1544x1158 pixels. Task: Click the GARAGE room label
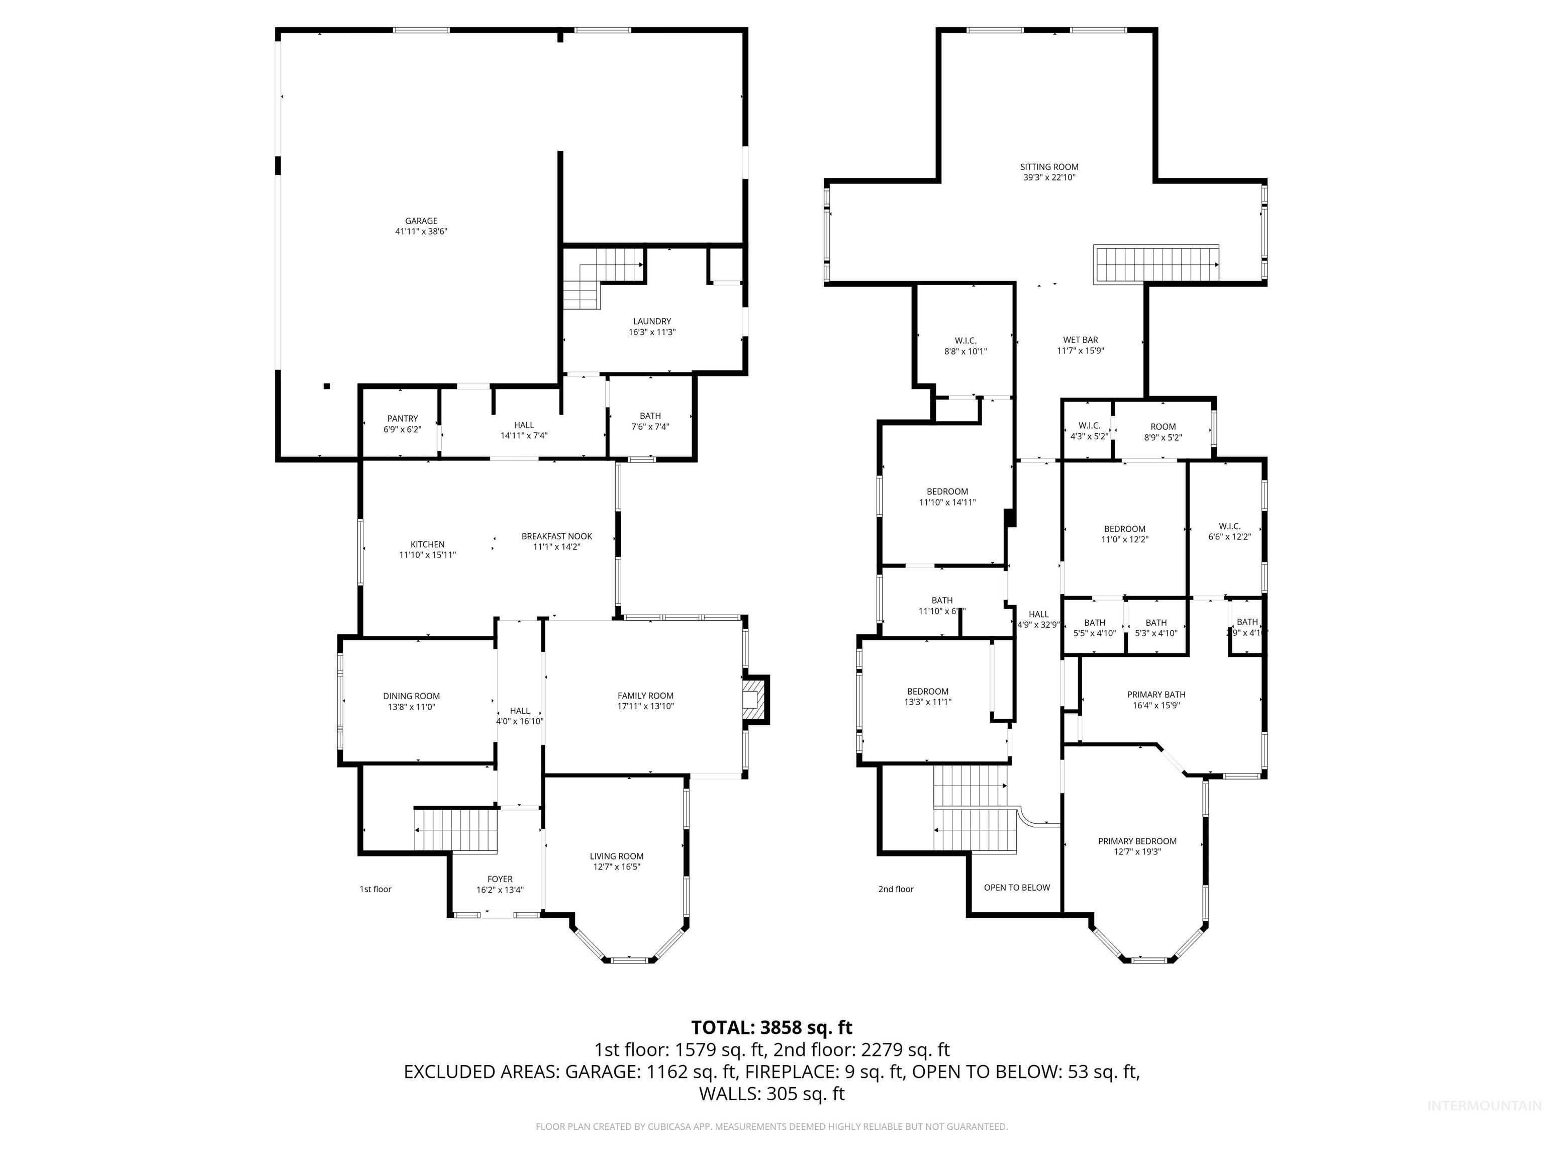421,221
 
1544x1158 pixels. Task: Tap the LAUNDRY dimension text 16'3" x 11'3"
652,332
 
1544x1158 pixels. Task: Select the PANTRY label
402,418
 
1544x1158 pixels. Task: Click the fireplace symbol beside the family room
754,698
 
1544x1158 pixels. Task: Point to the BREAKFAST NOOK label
556,536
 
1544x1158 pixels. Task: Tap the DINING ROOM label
411,696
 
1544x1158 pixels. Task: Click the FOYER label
500,879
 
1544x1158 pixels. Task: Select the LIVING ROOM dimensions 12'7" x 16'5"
616,867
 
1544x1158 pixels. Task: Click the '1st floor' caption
375,889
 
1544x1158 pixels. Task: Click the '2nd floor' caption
896,889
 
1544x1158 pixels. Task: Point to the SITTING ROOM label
1049,167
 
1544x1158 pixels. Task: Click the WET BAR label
1081,340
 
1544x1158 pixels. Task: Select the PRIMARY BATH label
1156,695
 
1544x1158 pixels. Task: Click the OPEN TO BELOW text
1016,887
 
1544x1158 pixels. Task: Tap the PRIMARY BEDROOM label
1137,841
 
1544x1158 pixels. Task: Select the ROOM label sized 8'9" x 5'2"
1163,427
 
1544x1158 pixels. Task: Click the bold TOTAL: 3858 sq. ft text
771,1027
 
